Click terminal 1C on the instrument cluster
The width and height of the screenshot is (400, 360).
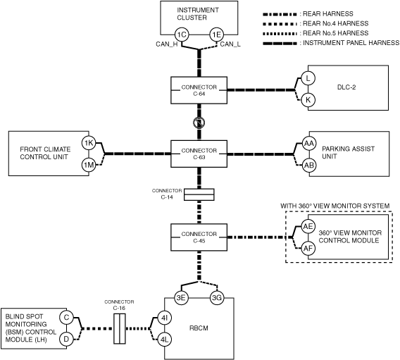[x=182, y=35]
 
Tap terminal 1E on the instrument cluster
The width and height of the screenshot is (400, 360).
[x=217, y=35]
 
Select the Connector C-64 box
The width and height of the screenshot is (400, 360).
[x=199, y=90]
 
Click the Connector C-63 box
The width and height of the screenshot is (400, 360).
[x=199, y=154]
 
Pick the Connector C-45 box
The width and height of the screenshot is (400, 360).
[x=199, y=237]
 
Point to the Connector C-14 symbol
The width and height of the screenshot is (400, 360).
[x=199, y=194]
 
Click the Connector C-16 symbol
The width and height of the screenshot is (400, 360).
[x=120, y=328]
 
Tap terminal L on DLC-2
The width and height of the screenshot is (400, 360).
[x=308, y=78]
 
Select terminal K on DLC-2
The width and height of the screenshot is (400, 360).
[x=308, y=100]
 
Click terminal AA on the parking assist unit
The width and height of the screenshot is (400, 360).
[x=309, y=144]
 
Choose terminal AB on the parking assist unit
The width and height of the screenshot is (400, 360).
[x=309, y=166]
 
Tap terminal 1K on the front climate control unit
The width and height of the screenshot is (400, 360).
[x=89, y=143]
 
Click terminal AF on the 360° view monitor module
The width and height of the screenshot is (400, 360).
[x=308, y=248]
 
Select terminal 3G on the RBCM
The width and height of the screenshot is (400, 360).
[x=217, y=298]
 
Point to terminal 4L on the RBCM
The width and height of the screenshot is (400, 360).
[x=165, y=340]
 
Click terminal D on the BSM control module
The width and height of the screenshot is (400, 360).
[x=66, y=340]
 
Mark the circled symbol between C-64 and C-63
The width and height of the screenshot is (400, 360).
[x=199, y=123]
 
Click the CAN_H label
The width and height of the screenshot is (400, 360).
[x=167, y=44]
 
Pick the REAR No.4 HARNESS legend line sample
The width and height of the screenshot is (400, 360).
[x=280, y=24]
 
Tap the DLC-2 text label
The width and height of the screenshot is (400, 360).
[x=346, y=87]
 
